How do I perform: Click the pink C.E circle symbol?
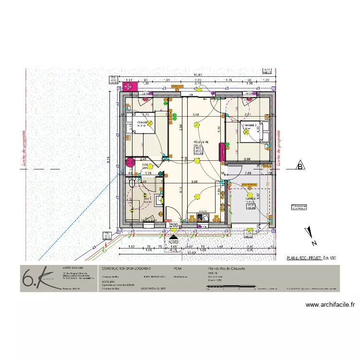[x=130, y=162]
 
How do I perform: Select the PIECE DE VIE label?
[x=201, y=143]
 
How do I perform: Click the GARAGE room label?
[x=250, y=198]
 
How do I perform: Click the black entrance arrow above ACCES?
[x=173, y=236]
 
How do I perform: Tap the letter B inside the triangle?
[x=300, y=167]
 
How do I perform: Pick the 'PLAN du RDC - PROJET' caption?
[x=304, y=258]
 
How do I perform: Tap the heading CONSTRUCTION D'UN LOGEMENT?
[x=125, y=268]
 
